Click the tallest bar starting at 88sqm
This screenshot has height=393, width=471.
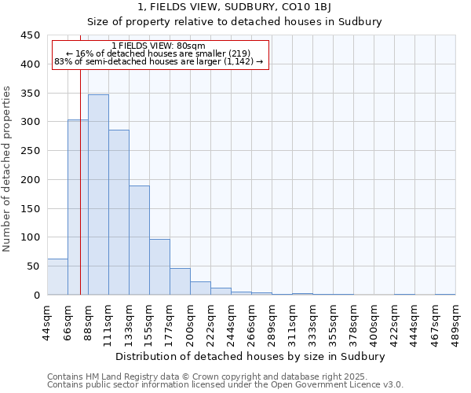[98, 195]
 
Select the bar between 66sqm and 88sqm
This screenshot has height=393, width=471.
[78, 208]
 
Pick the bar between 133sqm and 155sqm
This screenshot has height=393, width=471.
[139, 241]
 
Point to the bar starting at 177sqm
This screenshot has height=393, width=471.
[180, 281]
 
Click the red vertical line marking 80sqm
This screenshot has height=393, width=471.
[81, 173]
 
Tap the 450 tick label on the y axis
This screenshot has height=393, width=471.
[30, 35]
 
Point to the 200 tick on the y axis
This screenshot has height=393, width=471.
[30, 180]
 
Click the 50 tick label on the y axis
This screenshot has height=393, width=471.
[33, 266]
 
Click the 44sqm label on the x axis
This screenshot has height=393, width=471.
[48, 322]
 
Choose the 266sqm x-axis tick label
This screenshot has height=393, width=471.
[252, 322]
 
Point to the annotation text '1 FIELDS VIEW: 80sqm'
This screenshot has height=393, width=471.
[159, 46]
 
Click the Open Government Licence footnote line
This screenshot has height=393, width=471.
[225, 385]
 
